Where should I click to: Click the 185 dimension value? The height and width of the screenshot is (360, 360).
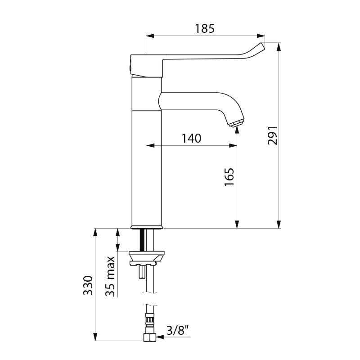(205, 28)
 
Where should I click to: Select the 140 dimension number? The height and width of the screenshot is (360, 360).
(192, 139)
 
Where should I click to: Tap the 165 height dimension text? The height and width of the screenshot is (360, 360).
(229, 177)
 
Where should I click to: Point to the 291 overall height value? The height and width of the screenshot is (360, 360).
(273, 135)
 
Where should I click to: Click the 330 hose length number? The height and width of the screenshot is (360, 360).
(88, 286)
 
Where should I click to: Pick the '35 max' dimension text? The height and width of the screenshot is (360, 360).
(110, 276)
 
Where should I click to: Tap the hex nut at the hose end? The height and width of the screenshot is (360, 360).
(150, 337)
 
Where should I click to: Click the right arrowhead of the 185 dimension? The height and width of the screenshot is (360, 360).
(261, 36)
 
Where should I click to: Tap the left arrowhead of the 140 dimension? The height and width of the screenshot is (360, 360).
(150, 145)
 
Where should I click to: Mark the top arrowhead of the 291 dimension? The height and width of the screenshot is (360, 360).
(279, 47)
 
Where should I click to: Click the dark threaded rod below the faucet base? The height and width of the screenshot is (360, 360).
(142, 240)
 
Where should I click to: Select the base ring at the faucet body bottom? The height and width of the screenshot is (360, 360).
(147, 227)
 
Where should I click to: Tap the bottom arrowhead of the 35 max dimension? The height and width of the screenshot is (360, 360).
(117, 247)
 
